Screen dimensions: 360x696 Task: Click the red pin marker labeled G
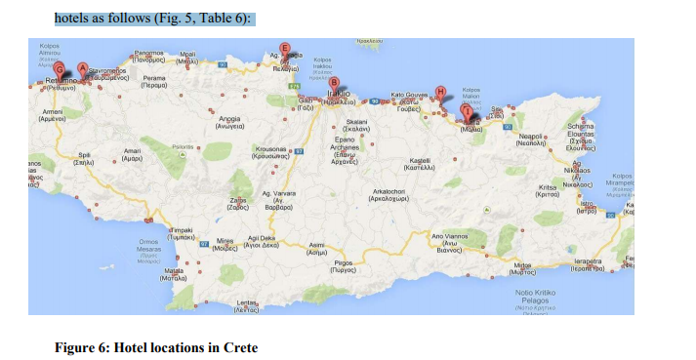click(x=61, y=70)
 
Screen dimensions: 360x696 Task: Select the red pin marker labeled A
click(x=82, y=67)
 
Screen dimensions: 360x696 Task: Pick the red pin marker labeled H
click(x=441, y=91)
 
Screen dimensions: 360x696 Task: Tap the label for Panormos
click(x=149, y=55)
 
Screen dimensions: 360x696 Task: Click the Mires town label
click(x=225, y=242)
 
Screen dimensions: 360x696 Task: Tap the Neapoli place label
click(x=532, y=139)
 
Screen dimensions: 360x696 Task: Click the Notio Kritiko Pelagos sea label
click(x=535, y=297)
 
